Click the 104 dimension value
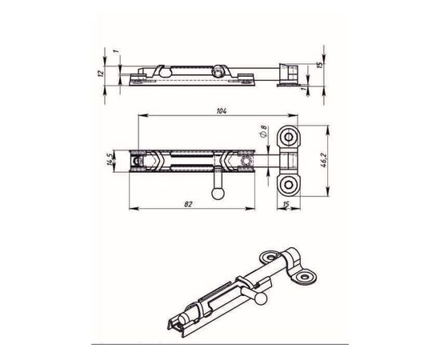click(x=222, y=111)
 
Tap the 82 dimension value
click(x=188, y=204)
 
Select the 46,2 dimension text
click(x=323, y=161)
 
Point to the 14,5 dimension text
click(x=110, y=160)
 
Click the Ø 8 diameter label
click(x=263, y=131)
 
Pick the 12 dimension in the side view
click(x=101, y=74)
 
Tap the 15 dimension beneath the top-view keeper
click(x=286, y=204)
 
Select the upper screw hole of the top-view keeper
click(x=288, y=138)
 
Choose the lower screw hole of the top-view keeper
click(x=288, y=184)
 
